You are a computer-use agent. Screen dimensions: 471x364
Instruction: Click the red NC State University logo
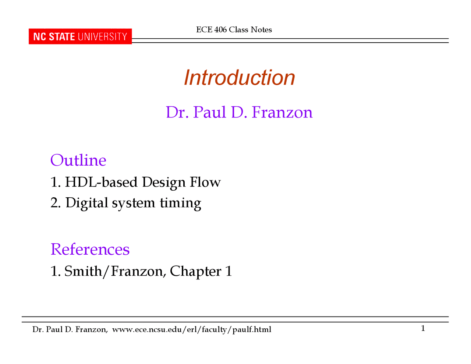[x=80, y=36]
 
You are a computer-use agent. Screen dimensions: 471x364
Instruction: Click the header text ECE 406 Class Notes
[x=234, y=30]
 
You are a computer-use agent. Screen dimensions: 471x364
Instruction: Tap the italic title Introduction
[x=239, y=77]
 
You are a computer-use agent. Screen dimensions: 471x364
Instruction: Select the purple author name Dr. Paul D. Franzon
[x=239, y=112]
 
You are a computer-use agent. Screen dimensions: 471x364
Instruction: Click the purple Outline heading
[x=78, y=160]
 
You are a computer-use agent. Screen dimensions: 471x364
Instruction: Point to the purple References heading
[x=90, y=249]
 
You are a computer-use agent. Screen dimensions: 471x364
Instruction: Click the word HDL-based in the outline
[x=101, y=182]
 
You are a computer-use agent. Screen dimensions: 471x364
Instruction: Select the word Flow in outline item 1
[x=205, y=182]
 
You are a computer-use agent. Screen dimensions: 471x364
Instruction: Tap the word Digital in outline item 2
[x=87, y=203]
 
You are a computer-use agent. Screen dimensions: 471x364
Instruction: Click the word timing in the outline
[x=181, y=203]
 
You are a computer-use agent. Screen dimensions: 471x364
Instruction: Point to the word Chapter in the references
[x=195, y=271]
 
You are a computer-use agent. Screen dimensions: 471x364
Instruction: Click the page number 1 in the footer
[x=423, y=328]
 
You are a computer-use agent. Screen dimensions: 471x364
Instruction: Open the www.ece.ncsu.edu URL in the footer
[x=192, y=329]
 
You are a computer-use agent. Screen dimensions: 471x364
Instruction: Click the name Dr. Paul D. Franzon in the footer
[x=70, y=329]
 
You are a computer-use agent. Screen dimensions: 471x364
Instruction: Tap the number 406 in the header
[x=220, y=30]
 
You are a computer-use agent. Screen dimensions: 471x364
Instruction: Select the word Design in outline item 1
[x=164, y=182]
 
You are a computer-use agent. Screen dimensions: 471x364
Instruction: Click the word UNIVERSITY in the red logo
[x=103, y=37]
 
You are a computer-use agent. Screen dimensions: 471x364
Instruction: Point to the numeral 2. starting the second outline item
[x=56, y=203]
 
